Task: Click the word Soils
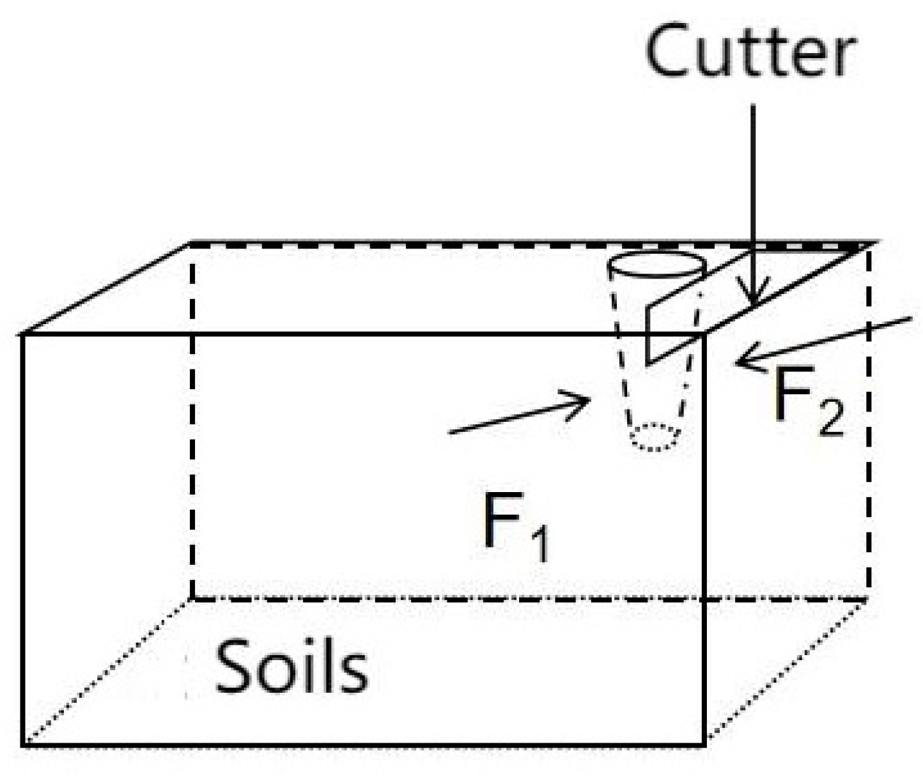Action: tap(291, 667)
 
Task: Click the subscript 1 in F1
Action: tap(540, 546)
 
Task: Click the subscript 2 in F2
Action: tap(830, 419)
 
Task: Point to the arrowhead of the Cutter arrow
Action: tap(755, 300)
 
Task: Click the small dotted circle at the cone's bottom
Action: tap(655, 438)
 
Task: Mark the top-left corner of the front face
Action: tap(24, 334)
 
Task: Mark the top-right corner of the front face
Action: tap(704, 334)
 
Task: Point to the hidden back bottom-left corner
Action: tap(191, 599)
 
